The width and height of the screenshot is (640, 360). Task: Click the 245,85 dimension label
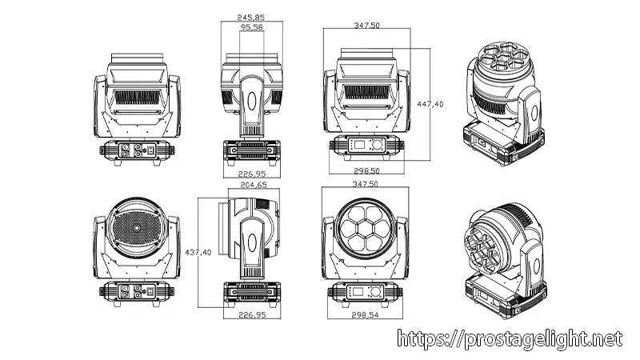251,16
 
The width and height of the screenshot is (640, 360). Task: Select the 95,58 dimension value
251,27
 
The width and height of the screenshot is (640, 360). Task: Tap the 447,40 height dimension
431,105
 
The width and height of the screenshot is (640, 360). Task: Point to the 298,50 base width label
366,171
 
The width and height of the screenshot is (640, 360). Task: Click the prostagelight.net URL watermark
509,339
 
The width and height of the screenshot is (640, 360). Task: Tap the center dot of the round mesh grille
135,230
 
